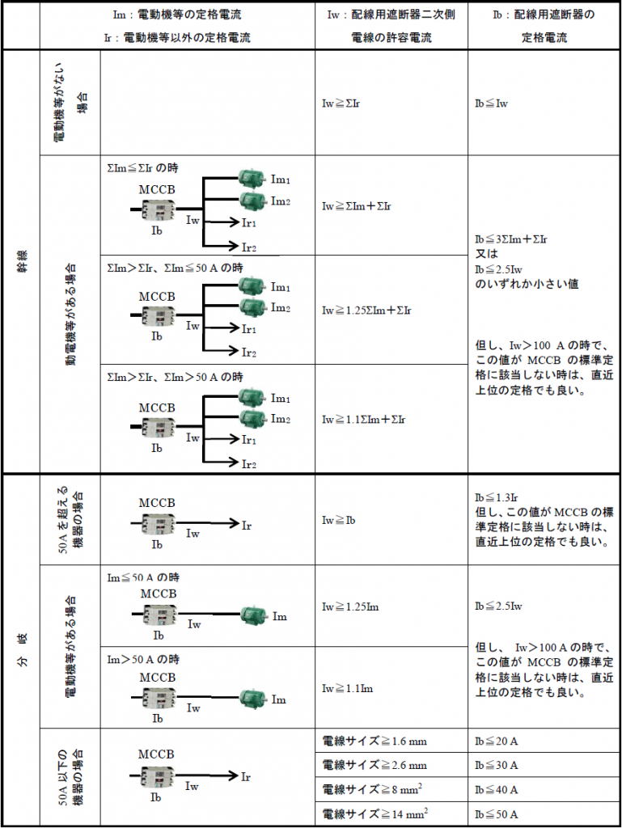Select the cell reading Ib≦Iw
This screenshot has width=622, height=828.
pos(491,103)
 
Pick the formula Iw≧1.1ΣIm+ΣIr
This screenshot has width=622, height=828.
pos(364,420)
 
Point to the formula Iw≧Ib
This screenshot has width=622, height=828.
pos(339,521)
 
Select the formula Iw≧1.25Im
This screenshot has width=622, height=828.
pos(350,606)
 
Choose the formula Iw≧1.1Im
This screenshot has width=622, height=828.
pos(348,689)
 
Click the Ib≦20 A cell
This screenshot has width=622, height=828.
pos(497,741)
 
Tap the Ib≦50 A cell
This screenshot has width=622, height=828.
pos(497,813)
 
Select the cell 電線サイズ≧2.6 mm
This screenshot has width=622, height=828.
pos(374,765)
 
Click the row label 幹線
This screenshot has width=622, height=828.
pos(22,261)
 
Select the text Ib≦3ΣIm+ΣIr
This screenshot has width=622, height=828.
pos(512,239)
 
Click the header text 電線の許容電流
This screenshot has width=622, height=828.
pos(391,38)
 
